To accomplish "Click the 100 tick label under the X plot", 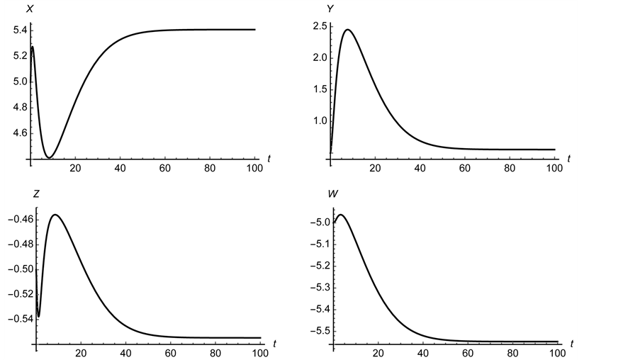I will coord(254,169).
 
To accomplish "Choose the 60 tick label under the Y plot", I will coord(465,169).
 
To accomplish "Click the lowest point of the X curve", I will coord(49,157).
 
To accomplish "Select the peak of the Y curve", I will coord(347,30).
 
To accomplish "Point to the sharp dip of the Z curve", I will coord(38,316).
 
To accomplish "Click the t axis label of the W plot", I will coord(571,344).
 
